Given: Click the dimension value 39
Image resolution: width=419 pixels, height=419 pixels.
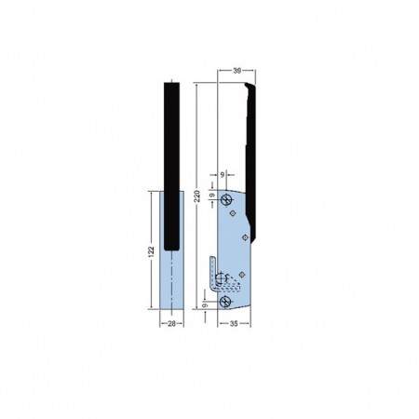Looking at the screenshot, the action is coord(237,71).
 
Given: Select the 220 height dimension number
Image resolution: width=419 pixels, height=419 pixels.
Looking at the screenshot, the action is coord(196,196).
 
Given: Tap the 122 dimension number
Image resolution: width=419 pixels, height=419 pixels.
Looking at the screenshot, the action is coord(151,251).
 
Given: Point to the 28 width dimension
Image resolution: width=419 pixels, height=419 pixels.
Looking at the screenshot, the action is coord(171,324).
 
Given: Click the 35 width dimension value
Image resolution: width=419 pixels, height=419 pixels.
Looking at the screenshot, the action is coord(234,324).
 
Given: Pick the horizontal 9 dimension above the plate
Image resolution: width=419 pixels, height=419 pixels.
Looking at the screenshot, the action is coord(223,175).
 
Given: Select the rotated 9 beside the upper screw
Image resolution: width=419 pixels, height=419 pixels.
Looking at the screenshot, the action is coord(212,196).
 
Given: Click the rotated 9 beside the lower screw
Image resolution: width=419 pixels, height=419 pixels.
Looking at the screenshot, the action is coord(205,305).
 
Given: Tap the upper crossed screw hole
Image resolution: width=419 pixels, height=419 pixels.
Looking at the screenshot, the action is coord(226,199).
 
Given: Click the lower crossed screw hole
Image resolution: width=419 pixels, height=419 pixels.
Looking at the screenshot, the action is coord(224,302).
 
